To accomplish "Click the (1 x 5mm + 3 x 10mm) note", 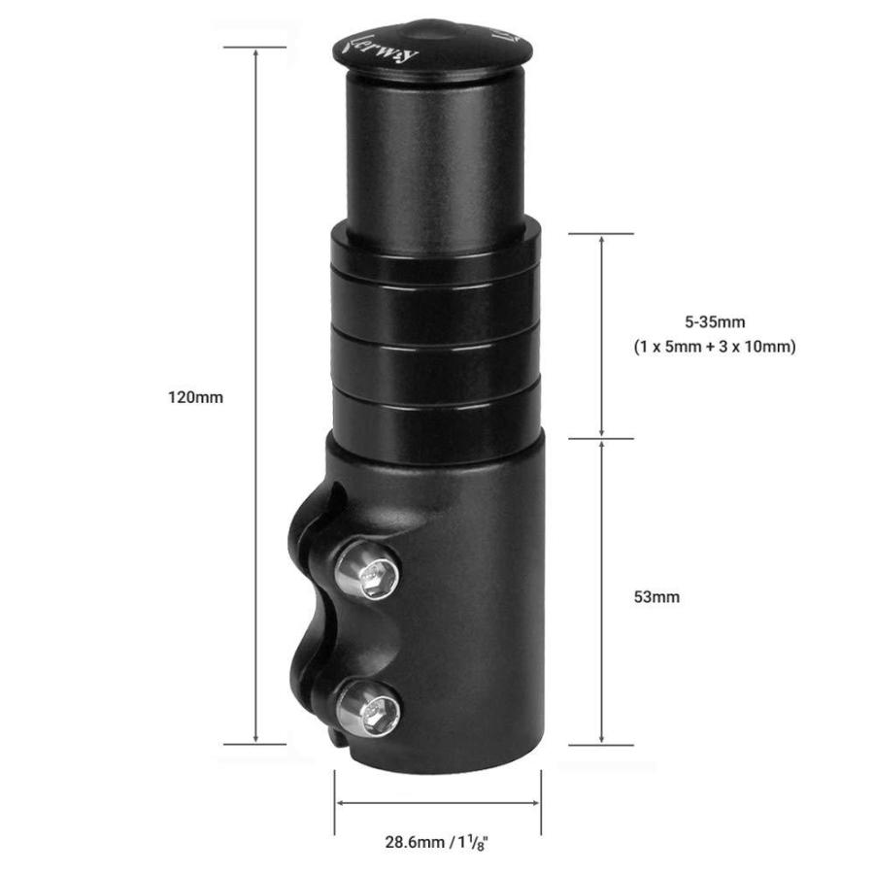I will coord(715,347).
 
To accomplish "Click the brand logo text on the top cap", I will coord(383,49).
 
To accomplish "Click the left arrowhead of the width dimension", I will coord(340,802).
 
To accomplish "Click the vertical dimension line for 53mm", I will coord(602,592).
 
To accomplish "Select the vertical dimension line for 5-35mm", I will coord(602,335).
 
